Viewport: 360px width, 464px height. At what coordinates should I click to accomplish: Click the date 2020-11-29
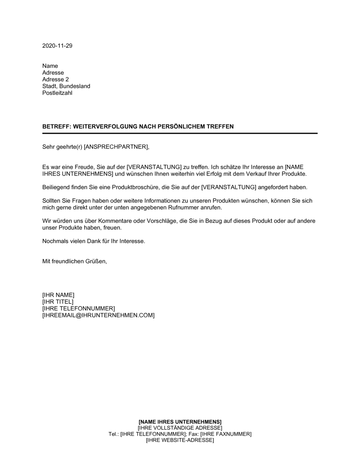tap(57, 46)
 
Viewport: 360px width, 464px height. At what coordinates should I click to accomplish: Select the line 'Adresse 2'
tap(55, 79)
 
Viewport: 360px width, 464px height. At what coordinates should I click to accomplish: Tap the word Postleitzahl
tap(57, 93)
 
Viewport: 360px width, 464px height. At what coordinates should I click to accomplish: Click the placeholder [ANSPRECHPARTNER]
tap(116, 147)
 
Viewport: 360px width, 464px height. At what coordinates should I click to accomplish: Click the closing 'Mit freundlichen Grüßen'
tap(74, 261)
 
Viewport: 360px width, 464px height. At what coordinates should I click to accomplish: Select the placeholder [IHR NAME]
tap(58, 295)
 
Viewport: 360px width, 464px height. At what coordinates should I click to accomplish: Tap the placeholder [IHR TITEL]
tap(58, 302)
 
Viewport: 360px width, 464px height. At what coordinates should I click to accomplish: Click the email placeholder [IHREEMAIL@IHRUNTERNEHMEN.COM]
tap(98, 315)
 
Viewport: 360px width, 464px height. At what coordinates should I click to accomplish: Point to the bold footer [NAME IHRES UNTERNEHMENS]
tap(180, 422)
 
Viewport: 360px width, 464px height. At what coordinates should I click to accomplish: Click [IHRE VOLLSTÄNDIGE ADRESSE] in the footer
tap(180, 428)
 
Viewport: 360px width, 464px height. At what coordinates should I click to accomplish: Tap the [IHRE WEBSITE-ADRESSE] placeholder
tap(180, 440)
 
